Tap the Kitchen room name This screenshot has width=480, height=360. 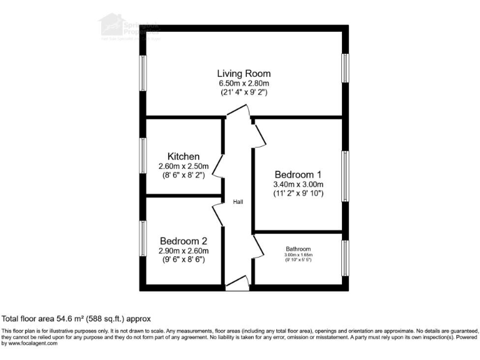click(183, 156)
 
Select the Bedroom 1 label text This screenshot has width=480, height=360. click(298, 174)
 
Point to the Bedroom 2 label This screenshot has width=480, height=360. click(183, 241)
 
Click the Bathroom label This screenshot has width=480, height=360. click(297, 247)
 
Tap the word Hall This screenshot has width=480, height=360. click(238, 202)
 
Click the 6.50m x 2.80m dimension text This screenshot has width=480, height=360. click(243, 83)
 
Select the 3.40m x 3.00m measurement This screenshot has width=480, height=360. click(298, 184)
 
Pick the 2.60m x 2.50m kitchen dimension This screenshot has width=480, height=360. click(183, 166)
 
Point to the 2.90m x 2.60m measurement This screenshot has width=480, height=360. click(183, 250)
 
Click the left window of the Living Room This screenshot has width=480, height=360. click(143, 72)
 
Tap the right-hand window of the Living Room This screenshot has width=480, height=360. click(344, 67)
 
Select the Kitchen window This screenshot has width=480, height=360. click(143, 155)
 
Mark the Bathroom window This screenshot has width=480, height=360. click(344, 258)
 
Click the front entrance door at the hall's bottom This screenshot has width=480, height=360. click(237, 284)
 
